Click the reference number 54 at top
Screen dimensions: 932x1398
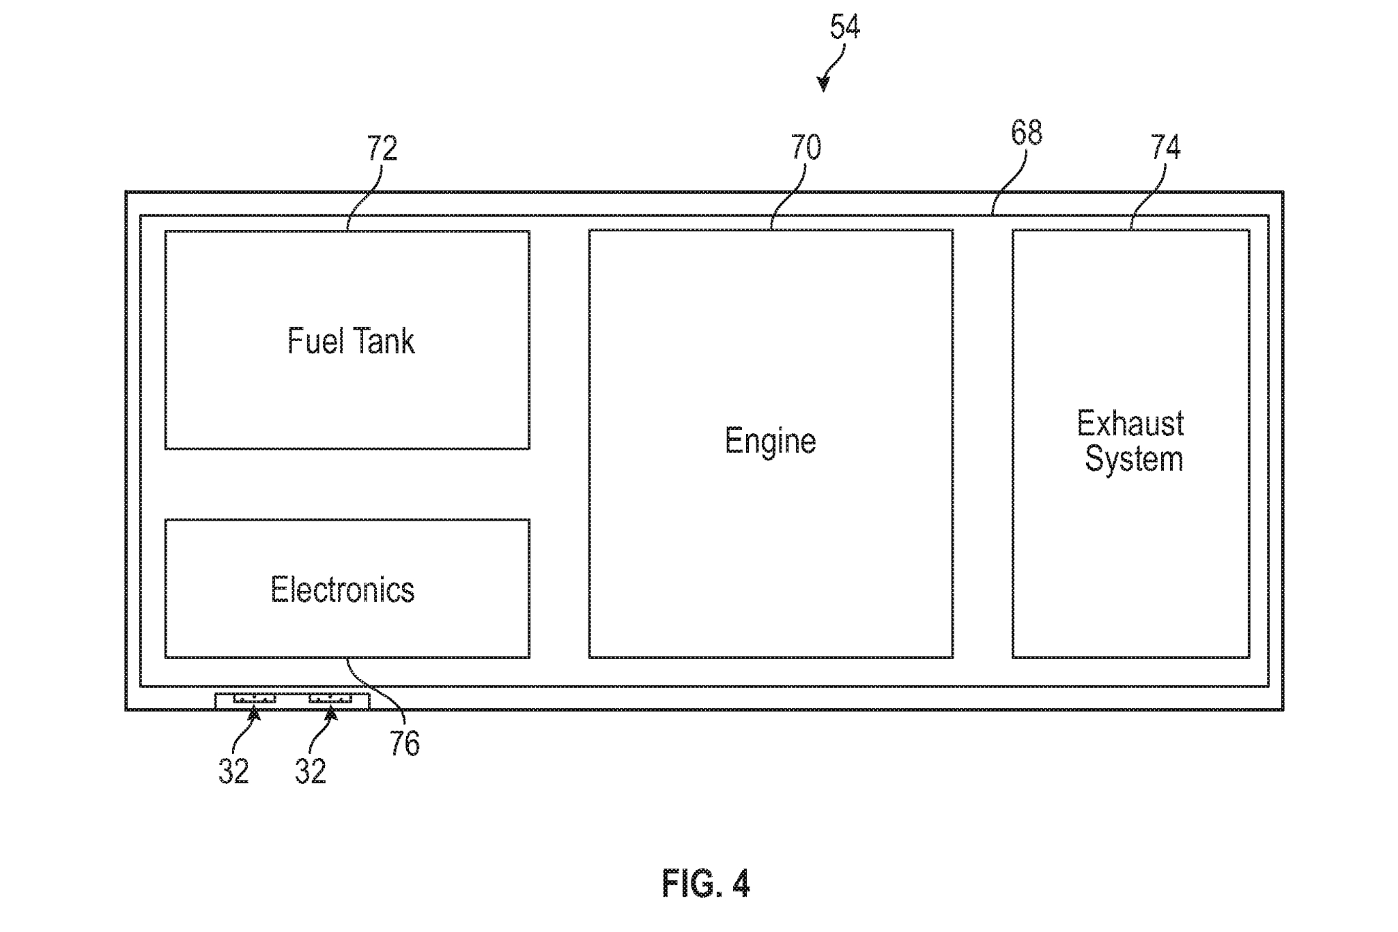tap(844, 27)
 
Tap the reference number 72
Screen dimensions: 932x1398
tap(382, 148)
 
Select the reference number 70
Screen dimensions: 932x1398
tap(805, 147)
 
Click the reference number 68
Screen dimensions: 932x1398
tap(1026, 133)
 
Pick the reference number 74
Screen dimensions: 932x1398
tap(1165, 147)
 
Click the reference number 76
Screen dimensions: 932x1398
tap(404, 744)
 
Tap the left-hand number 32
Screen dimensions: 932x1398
tap(233, 772)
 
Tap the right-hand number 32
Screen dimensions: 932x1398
tap(311, 772)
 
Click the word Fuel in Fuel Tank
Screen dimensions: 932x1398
tap(313, 340)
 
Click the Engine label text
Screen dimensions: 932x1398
tap(770, 441)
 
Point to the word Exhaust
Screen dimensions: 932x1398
tap(1130, 424)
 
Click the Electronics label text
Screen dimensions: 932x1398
tap(342, 589)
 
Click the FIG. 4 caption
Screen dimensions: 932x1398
tap(706, 884)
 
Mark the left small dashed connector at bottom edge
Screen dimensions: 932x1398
tap(254, 699)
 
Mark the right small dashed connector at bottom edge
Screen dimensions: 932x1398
tap(330, 699)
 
